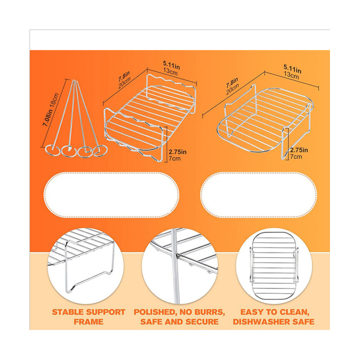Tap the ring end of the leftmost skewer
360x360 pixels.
(x=50, y=149)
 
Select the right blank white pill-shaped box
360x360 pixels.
(x=258, y=194)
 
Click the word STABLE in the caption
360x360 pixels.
(x=69, y=312)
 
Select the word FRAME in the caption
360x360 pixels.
(x=89, y=321)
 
